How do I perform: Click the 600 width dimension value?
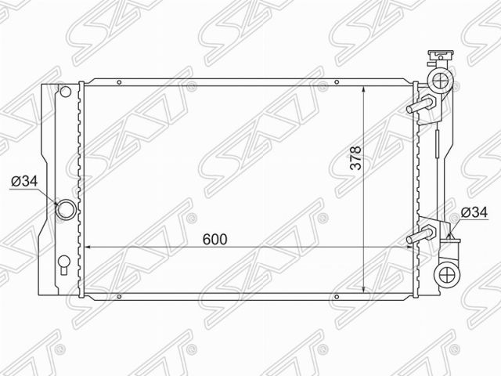[214, 239]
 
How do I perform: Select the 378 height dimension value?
[355, 157]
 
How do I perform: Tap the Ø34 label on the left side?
[24, 181]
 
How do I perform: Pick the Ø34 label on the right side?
[474, 212]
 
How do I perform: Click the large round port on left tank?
[66, 209]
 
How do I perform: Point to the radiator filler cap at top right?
[440, 56]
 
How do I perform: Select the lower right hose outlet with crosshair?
[447, 274]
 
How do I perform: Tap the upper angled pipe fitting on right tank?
[421, 104]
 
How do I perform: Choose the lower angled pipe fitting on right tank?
[421, 234]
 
